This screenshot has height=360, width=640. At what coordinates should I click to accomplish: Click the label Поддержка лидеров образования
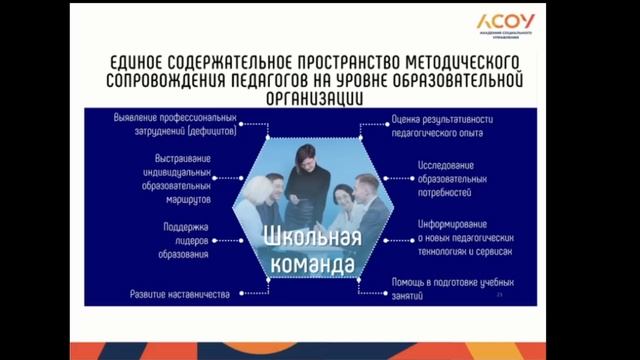pyautogui.click(x=186, y=241)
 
